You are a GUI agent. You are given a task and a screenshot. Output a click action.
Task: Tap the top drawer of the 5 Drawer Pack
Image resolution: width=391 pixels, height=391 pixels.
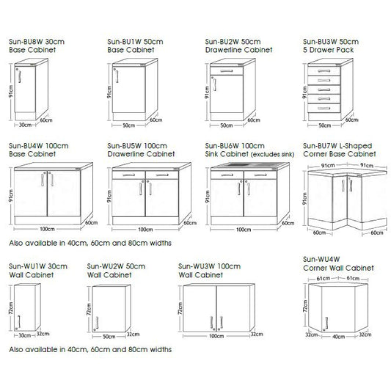325,70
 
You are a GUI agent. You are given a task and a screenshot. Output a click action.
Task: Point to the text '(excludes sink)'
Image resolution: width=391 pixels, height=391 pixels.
270,156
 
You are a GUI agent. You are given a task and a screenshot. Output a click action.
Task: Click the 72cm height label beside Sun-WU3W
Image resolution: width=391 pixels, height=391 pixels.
178,307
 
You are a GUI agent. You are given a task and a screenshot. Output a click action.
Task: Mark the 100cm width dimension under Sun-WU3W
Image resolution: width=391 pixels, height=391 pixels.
216,336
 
